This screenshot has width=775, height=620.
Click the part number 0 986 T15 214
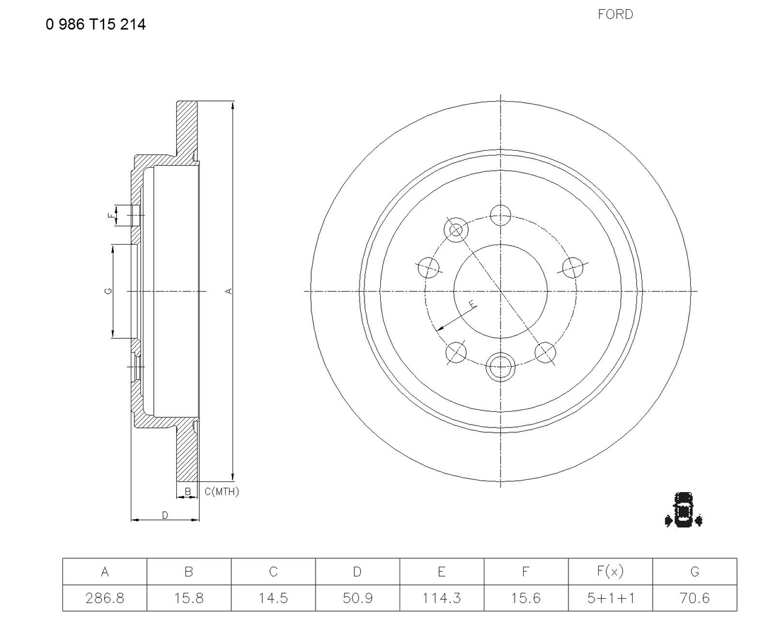[96, 24]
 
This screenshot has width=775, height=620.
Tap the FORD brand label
[615, 15]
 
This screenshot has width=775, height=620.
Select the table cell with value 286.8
[105, 598]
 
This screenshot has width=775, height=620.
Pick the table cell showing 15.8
[189, 598]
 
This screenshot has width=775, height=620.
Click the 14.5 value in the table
[273, 598]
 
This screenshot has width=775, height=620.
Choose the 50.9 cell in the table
[357, 598]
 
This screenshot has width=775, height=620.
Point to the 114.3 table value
[441, 598]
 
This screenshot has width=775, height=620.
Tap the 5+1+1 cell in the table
[610, 598]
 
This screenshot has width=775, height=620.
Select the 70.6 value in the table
[694, 598]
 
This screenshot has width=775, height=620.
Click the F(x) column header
[610, 572]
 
